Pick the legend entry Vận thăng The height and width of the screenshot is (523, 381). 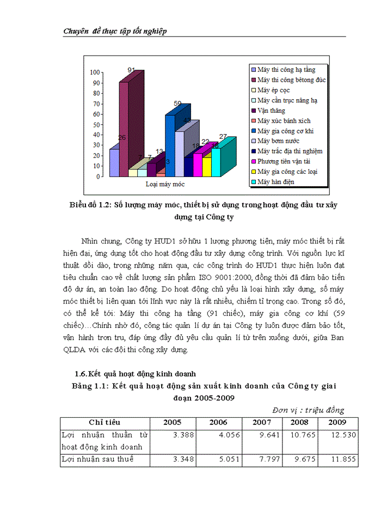(271, 110)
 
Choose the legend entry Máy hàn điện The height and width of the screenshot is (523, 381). (276, 181)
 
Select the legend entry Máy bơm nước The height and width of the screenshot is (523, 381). (279, 141)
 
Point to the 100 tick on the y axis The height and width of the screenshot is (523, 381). (95, 72)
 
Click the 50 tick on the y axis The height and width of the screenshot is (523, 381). (96, 124)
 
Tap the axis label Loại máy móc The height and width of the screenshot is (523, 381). (164, 184)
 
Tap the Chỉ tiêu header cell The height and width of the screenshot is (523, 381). (105, 423)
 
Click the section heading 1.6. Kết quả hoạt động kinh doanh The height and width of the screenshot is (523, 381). (136, 374)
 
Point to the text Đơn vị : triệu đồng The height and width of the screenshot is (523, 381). (308, 410)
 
